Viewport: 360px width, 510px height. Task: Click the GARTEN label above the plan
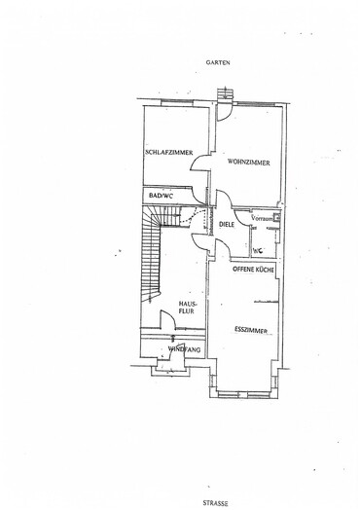pos(218,62)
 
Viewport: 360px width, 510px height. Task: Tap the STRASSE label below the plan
pos(215,503)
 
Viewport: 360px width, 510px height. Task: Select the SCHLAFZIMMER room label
pos(169,152)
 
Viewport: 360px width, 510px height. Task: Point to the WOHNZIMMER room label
pos(249,163)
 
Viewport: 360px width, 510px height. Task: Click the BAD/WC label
pos(161,196)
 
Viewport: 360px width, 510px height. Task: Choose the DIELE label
pos(227,225)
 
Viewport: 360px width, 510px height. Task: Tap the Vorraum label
pos(262,218)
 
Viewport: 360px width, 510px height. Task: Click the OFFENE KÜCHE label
pos(253,270)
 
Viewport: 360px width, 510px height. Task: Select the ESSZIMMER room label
pos(251,331)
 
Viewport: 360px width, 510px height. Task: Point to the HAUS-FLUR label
pos(188,308)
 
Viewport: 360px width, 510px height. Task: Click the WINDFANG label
pos(184,349)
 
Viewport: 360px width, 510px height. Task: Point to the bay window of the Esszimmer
pos(244,394)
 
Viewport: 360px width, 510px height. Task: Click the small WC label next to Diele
pos(258,251)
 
